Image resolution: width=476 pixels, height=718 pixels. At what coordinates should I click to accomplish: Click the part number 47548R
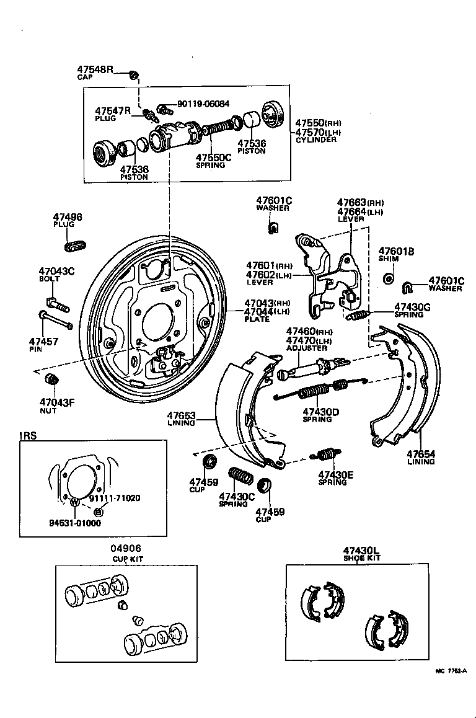(x=95, y=69)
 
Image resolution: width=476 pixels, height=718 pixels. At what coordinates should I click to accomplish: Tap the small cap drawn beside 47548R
(x=133, y=76)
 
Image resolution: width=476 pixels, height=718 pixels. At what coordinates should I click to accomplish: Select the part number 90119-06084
(x=203, y=104)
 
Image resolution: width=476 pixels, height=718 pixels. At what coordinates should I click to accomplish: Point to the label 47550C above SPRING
(x=213, y=157)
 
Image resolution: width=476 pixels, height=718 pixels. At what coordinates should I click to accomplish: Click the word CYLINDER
(x=316, y=140)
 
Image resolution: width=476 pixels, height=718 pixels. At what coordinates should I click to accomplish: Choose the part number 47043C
(x=56, y=271)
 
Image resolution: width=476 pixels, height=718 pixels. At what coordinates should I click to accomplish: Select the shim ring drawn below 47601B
(x=388, y=277)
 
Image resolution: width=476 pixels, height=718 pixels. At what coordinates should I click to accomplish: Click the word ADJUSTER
(x=306, y=348)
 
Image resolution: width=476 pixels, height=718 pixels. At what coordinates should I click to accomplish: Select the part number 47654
(x=421, y=454)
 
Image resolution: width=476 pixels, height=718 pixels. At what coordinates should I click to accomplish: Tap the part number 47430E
(x=336, y=475)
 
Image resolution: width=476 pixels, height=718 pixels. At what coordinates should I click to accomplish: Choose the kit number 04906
(x=126, y=548)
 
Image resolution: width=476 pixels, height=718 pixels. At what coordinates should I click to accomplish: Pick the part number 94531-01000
(x=75, y=522)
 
